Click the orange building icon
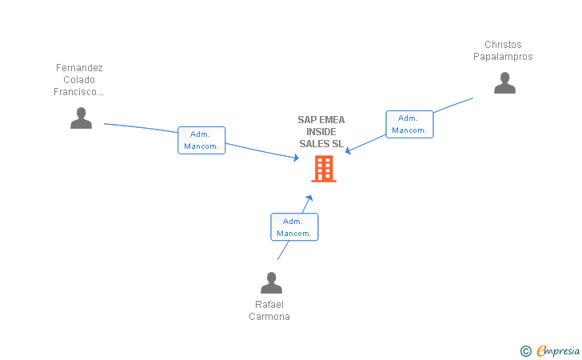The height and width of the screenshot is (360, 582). coord(324,169)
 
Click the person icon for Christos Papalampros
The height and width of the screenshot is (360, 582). coord(504,83)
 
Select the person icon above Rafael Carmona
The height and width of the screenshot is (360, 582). coord(272,283)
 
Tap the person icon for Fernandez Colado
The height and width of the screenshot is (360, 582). coord(81,118)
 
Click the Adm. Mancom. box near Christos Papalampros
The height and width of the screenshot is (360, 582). coord(409,124)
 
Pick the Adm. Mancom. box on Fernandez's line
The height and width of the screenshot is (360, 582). coord(201,140)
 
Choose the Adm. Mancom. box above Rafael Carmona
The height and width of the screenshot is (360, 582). coord(294,227)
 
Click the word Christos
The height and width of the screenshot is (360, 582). coord(503,45)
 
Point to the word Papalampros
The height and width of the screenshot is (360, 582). coord(503,57)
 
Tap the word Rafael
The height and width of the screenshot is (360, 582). coord(269,305)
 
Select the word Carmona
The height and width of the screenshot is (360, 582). coord(269,317)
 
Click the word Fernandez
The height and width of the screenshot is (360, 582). coord(79,68)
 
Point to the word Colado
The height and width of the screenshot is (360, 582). coord(79,80)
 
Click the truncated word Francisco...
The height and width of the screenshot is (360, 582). coord(79,92)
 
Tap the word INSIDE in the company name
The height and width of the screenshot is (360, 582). coord(321,132)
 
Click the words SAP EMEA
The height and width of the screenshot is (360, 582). coord(321,120)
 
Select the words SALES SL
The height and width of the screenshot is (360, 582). coord(321,144)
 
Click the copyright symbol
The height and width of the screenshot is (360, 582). coord(525,350)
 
